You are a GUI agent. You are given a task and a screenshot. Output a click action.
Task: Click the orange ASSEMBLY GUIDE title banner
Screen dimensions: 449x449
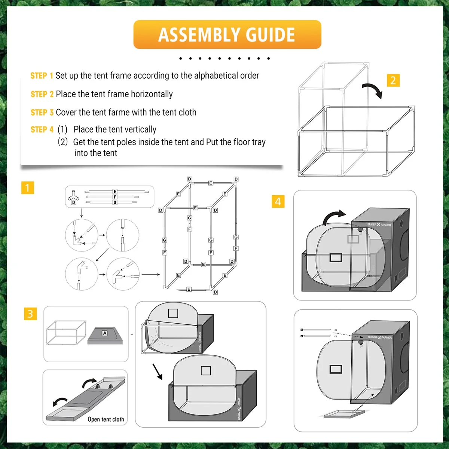click(x=227, y=34)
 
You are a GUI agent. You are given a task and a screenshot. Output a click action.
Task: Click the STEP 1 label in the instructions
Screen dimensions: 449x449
click(x=42, y=76)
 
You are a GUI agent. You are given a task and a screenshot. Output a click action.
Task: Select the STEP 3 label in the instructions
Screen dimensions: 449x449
click(x=42, y=112)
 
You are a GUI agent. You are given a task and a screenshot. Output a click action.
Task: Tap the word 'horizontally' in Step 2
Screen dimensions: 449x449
click(x=152, y=94)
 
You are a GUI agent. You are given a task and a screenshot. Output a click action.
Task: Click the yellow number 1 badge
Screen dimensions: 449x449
click(x=28, y=187)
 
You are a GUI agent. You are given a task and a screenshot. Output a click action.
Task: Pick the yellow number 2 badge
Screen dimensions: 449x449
click(x=393, y=80)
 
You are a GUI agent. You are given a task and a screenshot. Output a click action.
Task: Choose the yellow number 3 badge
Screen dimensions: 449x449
click(x=30, y=314)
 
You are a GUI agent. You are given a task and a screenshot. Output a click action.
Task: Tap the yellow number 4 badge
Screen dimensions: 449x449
click(x=278, y=201)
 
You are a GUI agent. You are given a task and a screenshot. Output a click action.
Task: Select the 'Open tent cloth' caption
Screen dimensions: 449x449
click(x=106, y=419)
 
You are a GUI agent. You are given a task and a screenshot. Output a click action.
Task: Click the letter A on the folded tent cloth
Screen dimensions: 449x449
click(x=105, y=333)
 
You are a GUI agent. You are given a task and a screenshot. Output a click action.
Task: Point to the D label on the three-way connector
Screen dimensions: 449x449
click(x=73, y=202)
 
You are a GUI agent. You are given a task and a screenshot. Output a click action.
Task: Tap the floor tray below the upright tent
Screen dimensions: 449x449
click(x=343, y=414)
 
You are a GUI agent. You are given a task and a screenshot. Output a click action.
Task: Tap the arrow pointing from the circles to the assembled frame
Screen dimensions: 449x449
click(x=151, y=275)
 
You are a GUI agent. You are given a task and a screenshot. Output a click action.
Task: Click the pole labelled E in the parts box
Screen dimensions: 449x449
click(x=114, y=192)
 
